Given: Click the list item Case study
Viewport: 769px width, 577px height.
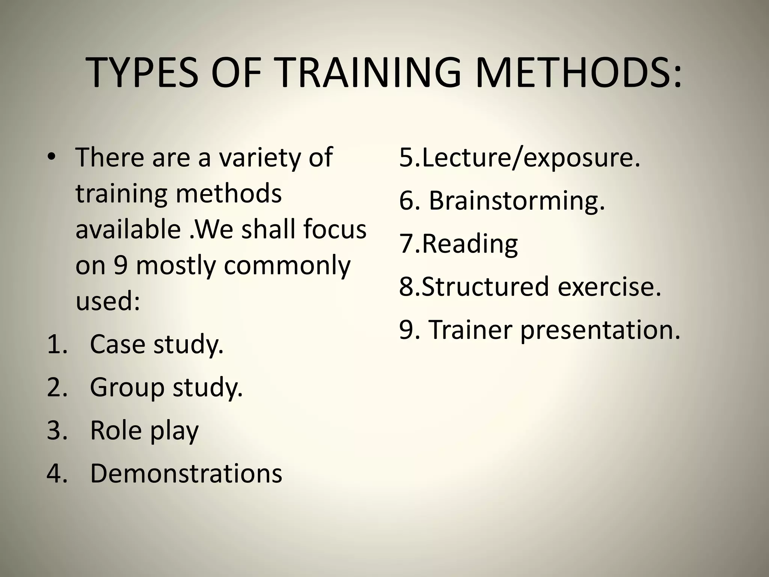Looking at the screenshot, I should [157, 344].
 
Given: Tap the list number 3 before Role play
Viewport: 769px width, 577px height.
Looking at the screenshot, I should [56, 430].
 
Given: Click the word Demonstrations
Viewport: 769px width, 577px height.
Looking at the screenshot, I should [186, 473].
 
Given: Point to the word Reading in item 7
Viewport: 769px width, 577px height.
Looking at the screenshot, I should [470, 244].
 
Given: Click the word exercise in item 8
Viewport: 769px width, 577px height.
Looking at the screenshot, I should [609, 287].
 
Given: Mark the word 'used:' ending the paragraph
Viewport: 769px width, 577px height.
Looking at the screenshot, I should [108, 301].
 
